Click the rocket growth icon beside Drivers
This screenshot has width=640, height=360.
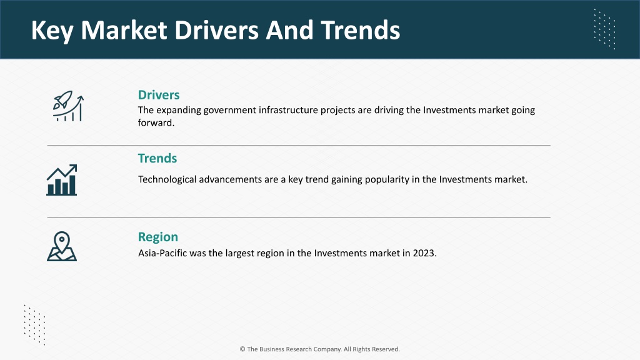[x=68, y=106]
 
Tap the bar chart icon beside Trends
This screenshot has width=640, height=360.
[x=62, y=180]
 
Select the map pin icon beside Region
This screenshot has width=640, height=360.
[x=62, y=246]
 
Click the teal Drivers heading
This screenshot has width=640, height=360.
[x=159, y=95]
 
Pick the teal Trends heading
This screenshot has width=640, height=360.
[x=157, y=158]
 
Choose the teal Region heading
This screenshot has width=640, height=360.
[x=158, y=237]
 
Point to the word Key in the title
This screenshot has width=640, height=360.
[x=52, y=31]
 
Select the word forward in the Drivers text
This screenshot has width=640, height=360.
[x=156, y=123]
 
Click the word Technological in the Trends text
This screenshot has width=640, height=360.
[x=167, y=179]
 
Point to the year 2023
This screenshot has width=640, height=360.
[x=424, y=253]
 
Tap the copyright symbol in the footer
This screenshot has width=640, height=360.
[x=242, y=349]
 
